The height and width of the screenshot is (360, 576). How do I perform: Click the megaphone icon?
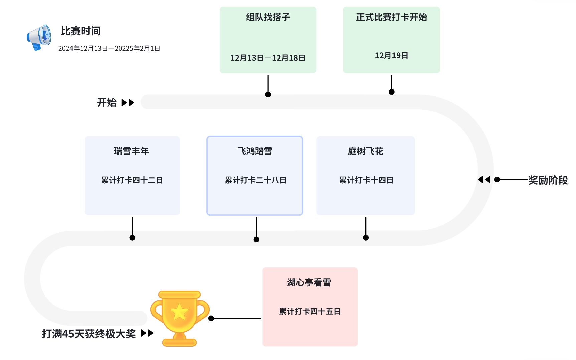coord(39,37)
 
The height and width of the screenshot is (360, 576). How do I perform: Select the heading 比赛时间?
coord(81,31)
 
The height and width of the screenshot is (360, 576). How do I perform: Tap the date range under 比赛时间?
coord(109,49)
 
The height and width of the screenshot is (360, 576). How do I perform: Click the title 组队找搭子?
coord(268,17)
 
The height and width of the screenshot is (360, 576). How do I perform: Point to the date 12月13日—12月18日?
coord(268,58)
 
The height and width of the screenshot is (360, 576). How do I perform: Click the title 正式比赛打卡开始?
coord(392,17)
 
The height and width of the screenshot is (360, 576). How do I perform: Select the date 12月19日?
coord(392,56)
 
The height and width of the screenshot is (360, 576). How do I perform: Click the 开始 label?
coord(107,102)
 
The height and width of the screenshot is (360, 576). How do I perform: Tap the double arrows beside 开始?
coord(128,102)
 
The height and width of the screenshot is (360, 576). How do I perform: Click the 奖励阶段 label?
coord(548,180)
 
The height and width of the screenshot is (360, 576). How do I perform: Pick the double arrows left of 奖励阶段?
coord(484,180)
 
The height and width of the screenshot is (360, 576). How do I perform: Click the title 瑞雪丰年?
coord(131,151)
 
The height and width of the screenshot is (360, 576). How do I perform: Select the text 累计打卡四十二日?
coord(132,180)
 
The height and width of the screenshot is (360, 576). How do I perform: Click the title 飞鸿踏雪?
coord(255,151)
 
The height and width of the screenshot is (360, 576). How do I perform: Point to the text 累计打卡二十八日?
coord(255,180)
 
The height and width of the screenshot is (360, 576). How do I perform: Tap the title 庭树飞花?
coord(366,151)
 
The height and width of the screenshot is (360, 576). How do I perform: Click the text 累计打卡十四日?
coord(366,180)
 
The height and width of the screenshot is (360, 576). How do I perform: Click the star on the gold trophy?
coord(179,312)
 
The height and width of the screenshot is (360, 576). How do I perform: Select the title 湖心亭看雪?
coord(309,283)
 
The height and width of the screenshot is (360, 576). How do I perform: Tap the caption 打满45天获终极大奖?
coord(89,334)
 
